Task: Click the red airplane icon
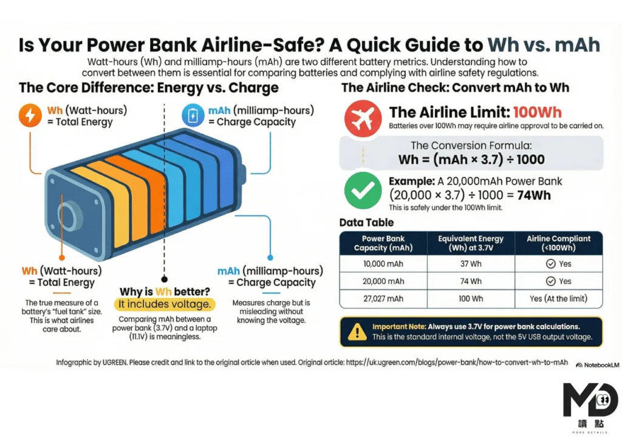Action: click(x=363, y=118)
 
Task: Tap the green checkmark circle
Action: click(x=363, y=190)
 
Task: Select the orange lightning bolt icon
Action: click(x=30, y=115)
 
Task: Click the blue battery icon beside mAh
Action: click(x=193, y=115)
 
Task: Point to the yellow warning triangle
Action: click(x=357, y=332)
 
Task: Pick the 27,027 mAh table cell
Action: click(x=383, y=299)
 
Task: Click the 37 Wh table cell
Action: click(x=471, y=264)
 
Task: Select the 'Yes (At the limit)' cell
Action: click(x=559, y=299)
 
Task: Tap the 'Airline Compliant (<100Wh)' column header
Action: click(x=559, y=243)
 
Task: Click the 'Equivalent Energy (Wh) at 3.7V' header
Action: click(x=471, y=243)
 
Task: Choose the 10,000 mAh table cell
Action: click(x=383, y=264)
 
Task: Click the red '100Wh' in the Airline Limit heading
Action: click(x=538, y=112)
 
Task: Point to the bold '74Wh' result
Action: click(x=534, y=195)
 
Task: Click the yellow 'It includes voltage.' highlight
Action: click(x=165, y=304)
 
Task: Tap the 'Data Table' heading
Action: click(x=366, y=222)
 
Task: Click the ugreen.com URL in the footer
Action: click(x=457, y=362)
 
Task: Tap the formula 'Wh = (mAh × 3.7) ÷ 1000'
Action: click(x=471, y=160)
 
